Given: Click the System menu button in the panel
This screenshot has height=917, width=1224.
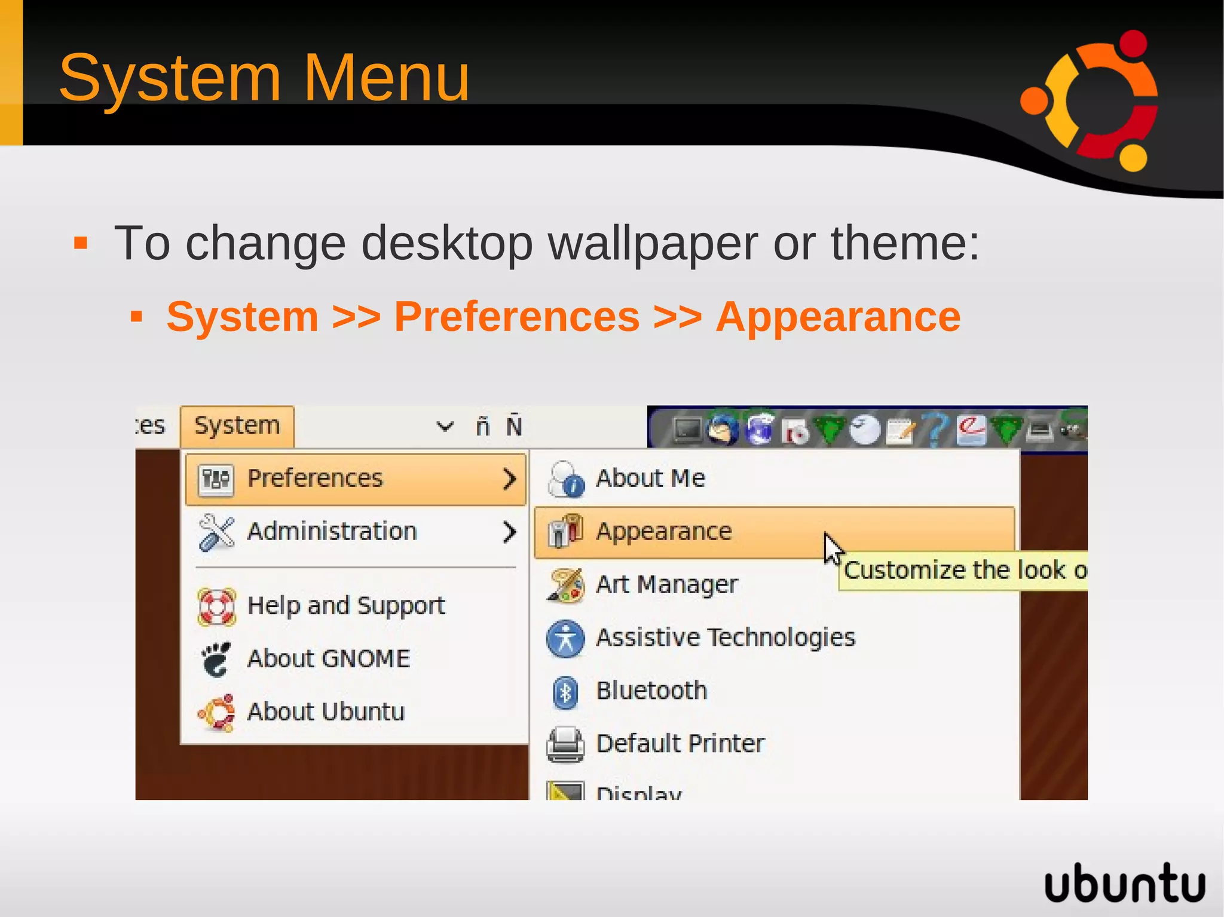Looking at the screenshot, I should pyautogui.click(x=237, y=426).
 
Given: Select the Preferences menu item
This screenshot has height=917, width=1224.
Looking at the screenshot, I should pyautogui.click(x=315, y=479).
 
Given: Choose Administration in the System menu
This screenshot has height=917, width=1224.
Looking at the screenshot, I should pyautogui.click(x=332, y=532).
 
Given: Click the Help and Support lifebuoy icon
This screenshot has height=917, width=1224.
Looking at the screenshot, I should pyautogui.click(x=216, y=607).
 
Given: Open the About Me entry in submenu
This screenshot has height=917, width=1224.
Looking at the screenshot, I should pyautogui.click(x=650, y=479).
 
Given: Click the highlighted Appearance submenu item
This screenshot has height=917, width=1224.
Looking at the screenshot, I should pyautogui.click(x=663, y=532).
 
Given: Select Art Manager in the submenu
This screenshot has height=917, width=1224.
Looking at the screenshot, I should pyautogui.click(x=666, y=584).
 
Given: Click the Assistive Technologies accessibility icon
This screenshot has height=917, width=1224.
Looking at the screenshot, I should pyautogui.click(x=565, y=639).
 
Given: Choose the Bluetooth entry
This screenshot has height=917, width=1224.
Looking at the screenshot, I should pyautogui.click(x=651, y=691).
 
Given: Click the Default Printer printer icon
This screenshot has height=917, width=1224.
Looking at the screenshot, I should pyautogui.click(x=565, y=744).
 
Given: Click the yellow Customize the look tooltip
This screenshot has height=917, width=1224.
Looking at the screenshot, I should pyautogui.click(x=962, y=571).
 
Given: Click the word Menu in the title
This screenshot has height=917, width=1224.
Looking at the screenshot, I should pyautogui.click(x=387, y=78).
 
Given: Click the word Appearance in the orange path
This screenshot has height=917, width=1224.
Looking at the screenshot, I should pyautogui.click(x=838, y=317).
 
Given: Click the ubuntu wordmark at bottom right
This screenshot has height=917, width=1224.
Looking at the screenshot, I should pyautogui.click(x=1124, y=883).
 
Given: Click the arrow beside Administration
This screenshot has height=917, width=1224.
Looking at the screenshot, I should pyautogui.click(x=509, y=532).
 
